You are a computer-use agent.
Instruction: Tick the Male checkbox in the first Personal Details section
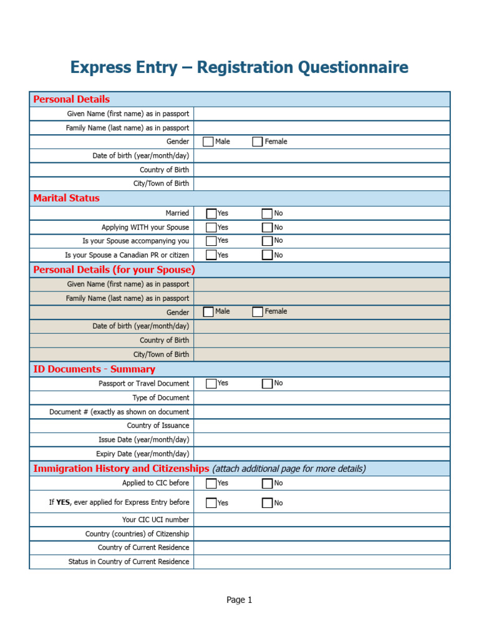208,142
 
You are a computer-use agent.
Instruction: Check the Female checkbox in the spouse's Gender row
258,312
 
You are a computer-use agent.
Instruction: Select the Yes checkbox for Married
211,213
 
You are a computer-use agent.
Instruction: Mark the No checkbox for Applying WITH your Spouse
267,228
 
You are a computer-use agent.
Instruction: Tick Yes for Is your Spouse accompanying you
211,241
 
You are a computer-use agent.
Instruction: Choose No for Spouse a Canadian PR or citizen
267,255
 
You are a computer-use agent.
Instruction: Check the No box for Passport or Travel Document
267,384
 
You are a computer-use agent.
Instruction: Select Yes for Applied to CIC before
211,483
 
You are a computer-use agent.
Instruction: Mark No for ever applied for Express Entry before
267,503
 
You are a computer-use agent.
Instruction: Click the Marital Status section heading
66,198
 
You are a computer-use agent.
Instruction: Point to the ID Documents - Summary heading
94,369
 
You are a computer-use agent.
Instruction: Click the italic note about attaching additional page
289,469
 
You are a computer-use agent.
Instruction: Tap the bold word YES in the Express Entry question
63,502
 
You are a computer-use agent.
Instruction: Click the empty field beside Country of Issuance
321,426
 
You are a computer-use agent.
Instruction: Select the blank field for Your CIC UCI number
321,520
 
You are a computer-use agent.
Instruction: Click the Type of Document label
160,398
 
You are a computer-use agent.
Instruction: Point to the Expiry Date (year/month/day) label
142,454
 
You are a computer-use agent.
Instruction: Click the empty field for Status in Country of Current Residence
321,562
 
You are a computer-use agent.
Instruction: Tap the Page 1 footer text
239,600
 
